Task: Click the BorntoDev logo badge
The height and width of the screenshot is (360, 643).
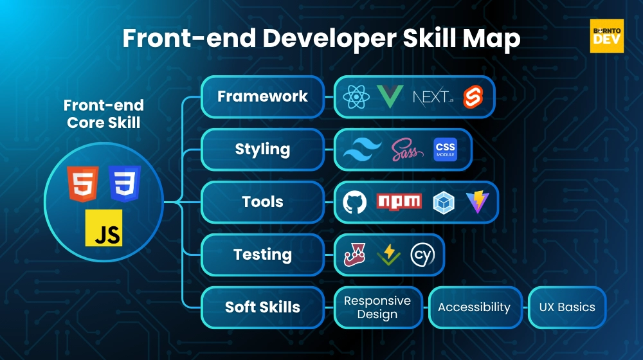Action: click(x=606, y=35)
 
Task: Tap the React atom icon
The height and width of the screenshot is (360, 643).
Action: click(x=356, y=97)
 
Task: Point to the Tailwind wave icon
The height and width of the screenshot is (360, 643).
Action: click(x=362, y=150)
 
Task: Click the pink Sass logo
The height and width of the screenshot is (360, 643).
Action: click(x=408, y=150)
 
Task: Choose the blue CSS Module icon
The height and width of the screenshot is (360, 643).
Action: click(x=445, y=150)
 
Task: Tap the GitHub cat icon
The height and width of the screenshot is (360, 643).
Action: click(x=355, y=202)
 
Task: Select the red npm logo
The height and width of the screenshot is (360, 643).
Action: click(x=399, y=201)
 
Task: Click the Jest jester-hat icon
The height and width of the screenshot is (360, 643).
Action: click(x=356, y=255)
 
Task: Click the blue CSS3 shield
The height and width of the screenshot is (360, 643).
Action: click(x=124, y=184)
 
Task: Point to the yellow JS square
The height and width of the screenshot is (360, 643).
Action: click(x=104, y=228)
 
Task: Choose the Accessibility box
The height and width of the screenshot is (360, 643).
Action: click(x=474, y=307)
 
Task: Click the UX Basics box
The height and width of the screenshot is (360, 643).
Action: click(x=567, y=307)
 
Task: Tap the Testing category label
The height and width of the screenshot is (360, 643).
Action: click(x=262, y=255)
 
